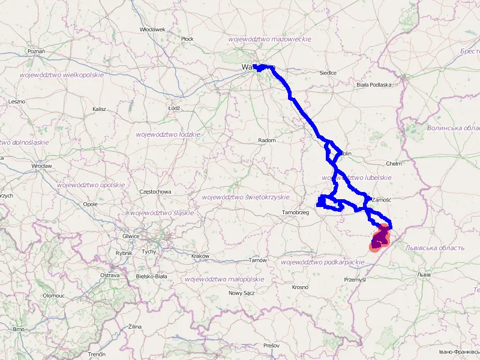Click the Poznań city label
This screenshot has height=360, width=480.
[36, 52]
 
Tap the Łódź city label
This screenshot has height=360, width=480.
[175, 108]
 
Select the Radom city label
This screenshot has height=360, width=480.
[267, 140]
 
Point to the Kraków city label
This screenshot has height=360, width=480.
[200, 256]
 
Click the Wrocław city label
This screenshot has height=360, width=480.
[42, 166]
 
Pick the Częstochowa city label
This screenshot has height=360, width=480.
[155, 192]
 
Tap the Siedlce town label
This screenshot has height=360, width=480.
[328, 73]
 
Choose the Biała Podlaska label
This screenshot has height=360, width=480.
[374, 85]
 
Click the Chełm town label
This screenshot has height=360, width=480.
[394, 163]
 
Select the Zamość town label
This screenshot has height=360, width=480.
[382, 199]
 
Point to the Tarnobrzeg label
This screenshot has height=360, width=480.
[295, 213]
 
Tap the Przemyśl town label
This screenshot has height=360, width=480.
[355, 280]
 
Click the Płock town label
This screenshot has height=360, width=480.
[188, 39]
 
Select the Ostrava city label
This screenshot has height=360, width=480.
[110, 275]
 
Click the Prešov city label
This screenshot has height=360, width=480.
[271, 346]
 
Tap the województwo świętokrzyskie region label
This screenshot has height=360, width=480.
[246, 197]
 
